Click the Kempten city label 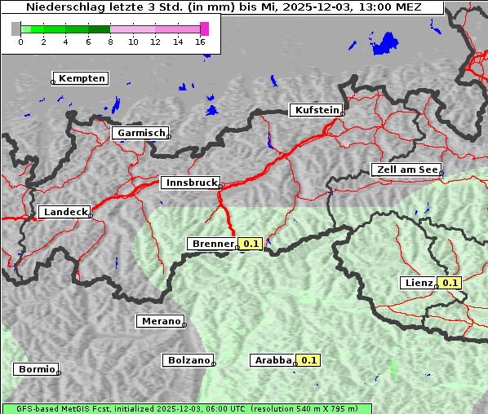[x=82, y=78]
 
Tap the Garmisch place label [x=142, y=133]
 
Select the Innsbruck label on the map [x=190, y=183]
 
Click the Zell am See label [x=406, y=170]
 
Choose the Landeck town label [x=64, y=212]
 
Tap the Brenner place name [x=211, y=244]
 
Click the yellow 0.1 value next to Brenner [x=251, y=244]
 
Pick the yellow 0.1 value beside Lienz [x=450, y=283]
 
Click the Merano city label [x=160, y=321]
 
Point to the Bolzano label [x=189, y=360]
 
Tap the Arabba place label [x=273, y=360]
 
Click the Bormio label [x=37, y=369]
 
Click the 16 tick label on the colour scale [x=200, y=42]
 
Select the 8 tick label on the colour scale [x=110, y=42]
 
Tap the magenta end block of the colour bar [x=204, y=29]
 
